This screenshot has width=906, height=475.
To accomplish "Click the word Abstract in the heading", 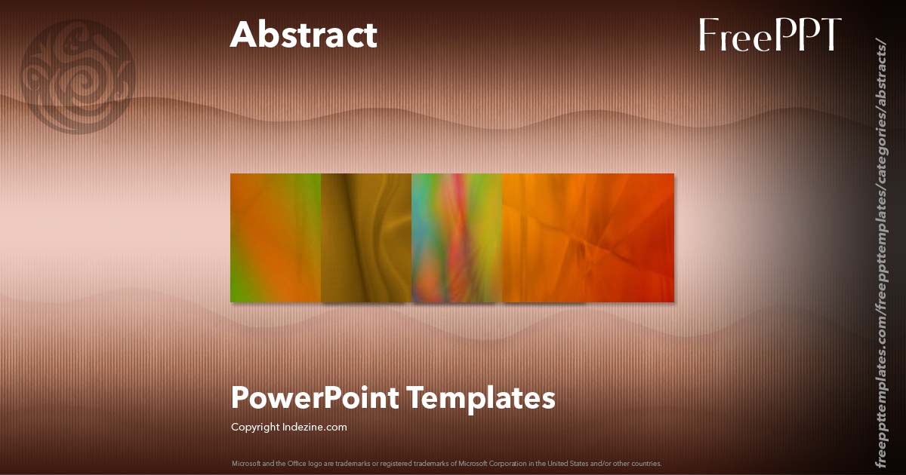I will pos(304,35).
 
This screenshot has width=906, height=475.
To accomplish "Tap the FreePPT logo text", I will pos(769,35).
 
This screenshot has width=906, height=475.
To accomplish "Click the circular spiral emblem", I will pos(79,75).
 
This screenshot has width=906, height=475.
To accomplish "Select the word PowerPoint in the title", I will pos(313,397).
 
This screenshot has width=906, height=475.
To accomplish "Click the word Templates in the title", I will pos(482,397).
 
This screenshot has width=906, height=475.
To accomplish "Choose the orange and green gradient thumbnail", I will pos(276,237).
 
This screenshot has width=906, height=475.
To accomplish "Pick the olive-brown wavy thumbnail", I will pos(366,237).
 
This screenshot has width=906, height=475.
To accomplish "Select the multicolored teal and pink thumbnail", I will pos(457,237).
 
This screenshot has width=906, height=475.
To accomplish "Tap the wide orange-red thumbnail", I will pos(588,237).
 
